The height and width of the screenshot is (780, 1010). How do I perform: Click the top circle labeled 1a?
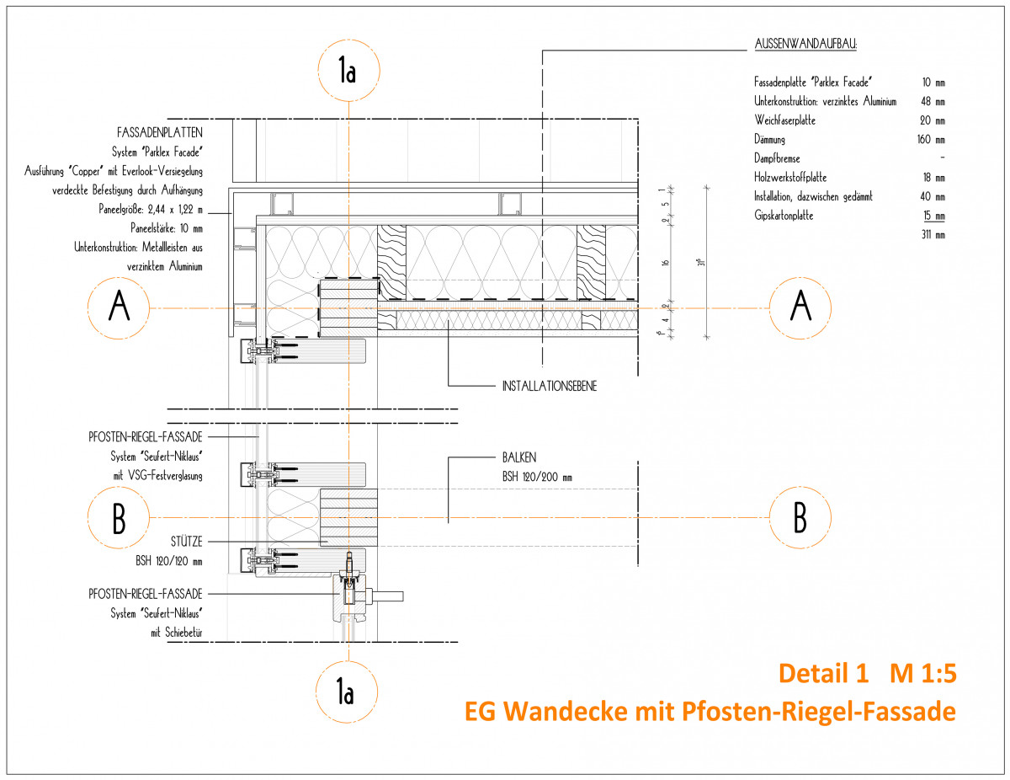pyautogui.click(x=348, y=72)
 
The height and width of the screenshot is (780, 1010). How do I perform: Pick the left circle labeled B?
pyautogui.click(x=120, y=517)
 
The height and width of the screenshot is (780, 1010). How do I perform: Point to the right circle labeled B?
pyautogui.click(x=800, y=517)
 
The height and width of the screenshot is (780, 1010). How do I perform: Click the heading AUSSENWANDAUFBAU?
pyautogui.click(x=801, y=45)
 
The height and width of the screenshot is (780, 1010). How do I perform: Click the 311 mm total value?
pyautogui.click(x=933, y=235)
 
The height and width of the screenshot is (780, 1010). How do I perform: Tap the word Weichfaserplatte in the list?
pyautogui.click(x=784, y=120)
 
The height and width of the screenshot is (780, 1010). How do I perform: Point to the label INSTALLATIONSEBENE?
pyautogui.click(x=548, y=387)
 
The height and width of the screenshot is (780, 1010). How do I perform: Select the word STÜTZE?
pyautogui.click(x=183, y=542)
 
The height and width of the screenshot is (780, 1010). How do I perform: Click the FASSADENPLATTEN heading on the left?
pyautogui.click(x=160, y=133)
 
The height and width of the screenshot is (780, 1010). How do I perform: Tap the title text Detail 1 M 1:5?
pyautogui.click(x=868, y=674)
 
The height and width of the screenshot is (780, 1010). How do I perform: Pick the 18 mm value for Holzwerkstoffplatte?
pyautogui.click(x=933, y=178)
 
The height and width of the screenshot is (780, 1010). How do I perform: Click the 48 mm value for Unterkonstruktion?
pyautogui.click(x=933, y=101)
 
